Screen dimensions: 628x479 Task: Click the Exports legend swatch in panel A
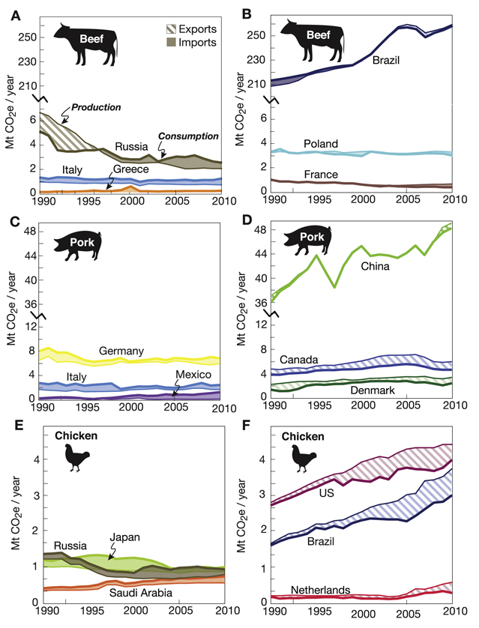(172, 29)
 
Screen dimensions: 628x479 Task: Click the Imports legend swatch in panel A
(172, 43)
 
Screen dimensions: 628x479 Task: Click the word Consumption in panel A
(192, 136)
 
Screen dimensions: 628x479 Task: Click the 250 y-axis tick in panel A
(27, 36)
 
